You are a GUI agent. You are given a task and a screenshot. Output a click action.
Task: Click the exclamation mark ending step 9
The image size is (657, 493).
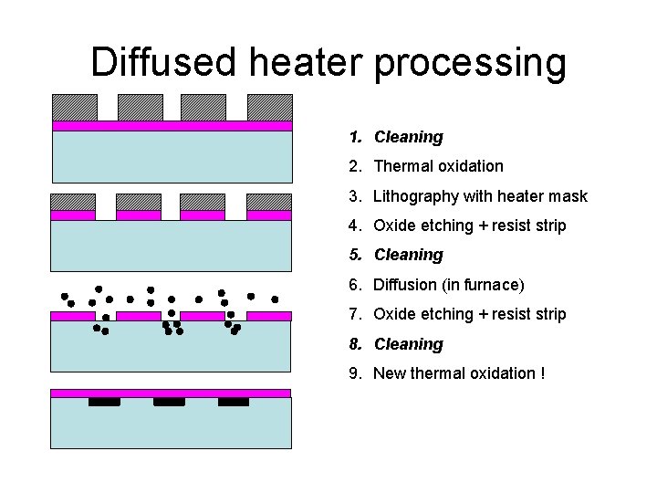(543, 373)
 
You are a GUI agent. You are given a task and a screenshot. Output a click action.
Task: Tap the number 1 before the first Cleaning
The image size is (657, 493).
(352, 137)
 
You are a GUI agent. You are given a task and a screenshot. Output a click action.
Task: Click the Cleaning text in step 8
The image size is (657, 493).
(408, 344)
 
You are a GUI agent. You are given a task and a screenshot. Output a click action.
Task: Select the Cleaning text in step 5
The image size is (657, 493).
(408, 255)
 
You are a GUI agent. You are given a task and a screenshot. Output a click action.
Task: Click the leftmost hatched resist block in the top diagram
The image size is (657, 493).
(75, 108)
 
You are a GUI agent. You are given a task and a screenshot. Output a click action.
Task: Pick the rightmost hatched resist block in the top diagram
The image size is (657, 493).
(270, 108)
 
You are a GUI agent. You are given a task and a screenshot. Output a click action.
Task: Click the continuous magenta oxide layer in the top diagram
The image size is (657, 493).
(172, 126)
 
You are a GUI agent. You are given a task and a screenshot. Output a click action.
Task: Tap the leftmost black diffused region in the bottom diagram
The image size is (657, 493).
(104, 402)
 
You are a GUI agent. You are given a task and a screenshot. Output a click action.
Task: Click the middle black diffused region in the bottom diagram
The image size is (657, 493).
(169, 402)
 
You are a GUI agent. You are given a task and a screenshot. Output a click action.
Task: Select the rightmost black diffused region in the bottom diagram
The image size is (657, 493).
(234, 402)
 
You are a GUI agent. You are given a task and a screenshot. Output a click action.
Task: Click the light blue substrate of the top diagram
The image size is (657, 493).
(172, 157)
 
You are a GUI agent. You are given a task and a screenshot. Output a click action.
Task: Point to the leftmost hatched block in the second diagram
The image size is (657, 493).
(73, 202)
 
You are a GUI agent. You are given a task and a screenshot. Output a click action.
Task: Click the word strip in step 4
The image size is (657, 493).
(546, 226)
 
